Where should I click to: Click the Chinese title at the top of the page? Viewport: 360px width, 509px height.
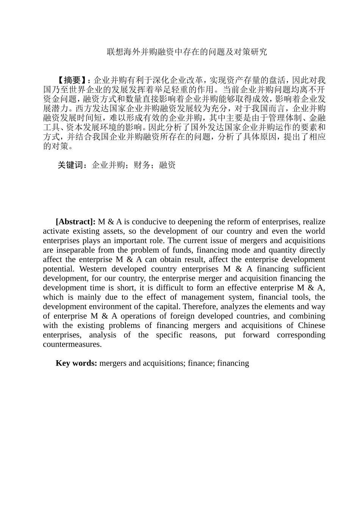click(x=187, y=52)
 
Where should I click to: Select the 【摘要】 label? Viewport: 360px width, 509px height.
click(x=73, y=80)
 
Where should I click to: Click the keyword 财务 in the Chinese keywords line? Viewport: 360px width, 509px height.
click(x=142, y=165)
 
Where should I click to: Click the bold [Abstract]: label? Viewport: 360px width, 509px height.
click(x=75, y=222)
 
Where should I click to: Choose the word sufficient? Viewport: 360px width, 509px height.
click(x=307, y=269)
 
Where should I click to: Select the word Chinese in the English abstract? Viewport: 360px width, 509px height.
click(x=311, y=326)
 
